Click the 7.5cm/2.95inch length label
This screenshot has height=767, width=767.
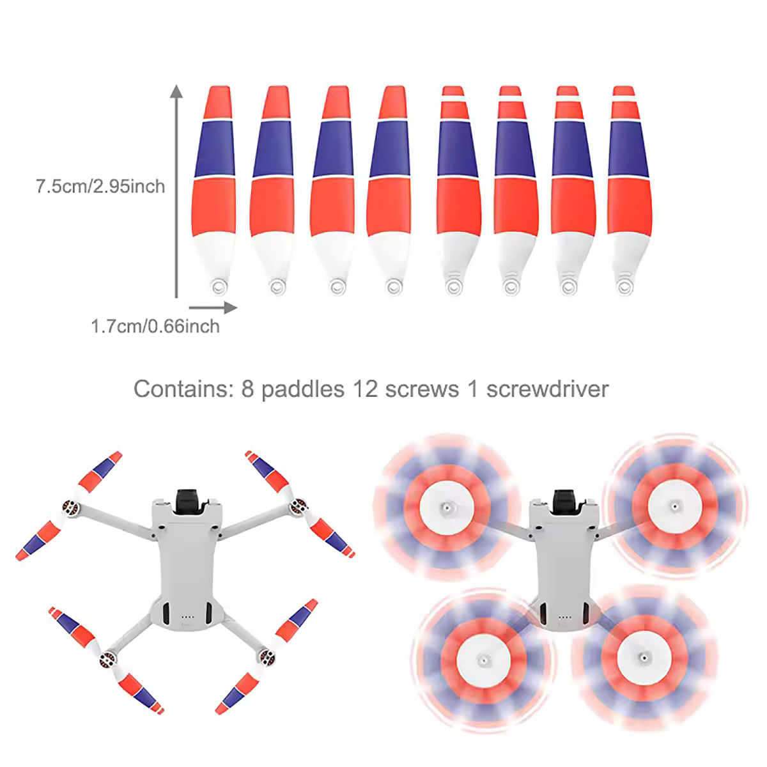coord(100,187)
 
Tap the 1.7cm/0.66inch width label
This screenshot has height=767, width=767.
coord(155,327)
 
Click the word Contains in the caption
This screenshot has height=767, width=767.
coord(183,389)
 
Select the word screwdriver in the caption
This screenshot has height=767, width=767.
coord(547,389)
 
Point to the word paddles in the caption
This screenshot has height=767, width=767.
coord(302,389)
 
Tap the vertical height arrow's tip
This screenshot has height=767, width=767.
coord(176,89)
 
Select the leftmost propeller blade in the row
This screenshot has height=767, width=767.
coord(214,185)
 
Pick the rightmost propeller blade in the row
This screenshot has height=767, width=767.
coord(628,185)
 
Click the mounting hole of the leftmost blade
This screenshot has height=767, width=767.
coord(219,286)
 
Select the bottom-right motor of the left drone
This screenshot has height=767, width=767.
coord(267,656)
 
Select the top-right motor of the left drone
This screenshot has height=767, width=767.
coord(297,508)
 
